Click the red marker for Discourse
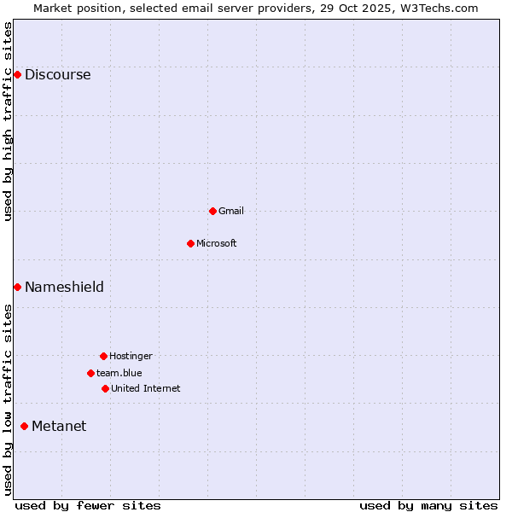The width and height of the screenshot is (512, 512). click(17, 75)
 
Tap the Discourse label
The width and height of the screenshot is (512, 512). click(57, 75)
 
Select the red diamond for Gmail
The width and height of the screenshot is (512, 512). click(212, 211)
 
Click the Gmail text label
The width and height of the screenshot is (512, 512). click(230, 211)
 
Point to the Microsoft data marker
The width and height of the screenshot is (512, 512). click(190, 243)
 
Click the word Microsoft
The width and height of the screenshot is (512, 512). click(216, 243)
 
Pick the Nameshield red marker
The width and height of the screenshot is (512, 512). click(17, 288)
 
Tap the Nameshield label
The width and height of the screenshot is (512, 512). click(64, 288)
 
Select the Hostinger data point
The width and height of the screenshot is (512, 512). click(103, 356)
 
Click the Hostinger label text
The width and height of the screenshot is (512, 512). click(131, 356)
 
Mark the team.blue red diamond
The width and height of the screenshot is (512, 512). click(90, 373)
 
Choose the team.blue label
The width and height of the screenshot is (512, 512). click(119, 373)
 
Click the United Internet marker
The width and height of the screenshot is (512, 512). click(105, 388)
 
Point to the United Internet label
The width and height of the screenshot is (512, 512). click(145, 388)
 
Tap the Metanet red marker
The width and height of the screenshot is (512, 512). click(24, 427)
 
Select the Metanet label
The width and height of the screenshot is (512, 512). click(59, 427)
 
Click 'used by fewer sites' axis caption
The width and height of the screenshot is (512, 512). click(88, 505)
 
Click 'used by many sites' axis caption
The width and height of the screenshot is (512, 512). click(428, 505)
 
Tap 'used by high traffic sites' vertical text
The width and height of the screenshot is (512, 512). click(9, 121)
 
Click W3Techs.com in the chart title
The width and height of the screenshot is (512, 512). click(437, 8)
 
